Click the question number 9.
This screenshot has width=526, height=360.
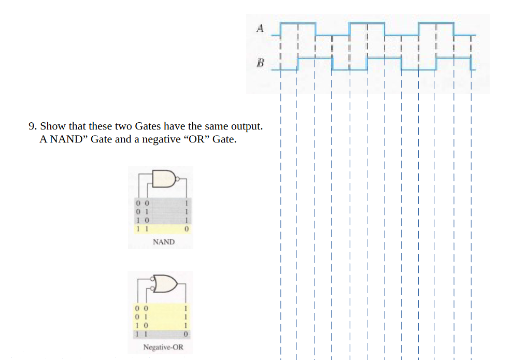point(32,126)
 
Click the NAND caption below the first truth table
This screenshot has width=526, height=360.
point(164,242)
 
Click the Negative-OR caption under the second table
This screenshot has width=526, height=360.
point(163,347)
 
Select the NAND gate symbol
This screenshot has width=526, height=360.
point(165,179)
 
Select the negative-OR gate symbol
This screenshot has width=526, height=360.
point(165,284)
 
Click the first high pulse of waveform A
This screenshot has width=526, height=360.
point(298,23)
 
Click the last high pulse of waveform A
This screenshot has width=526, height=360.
point(436,23)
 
